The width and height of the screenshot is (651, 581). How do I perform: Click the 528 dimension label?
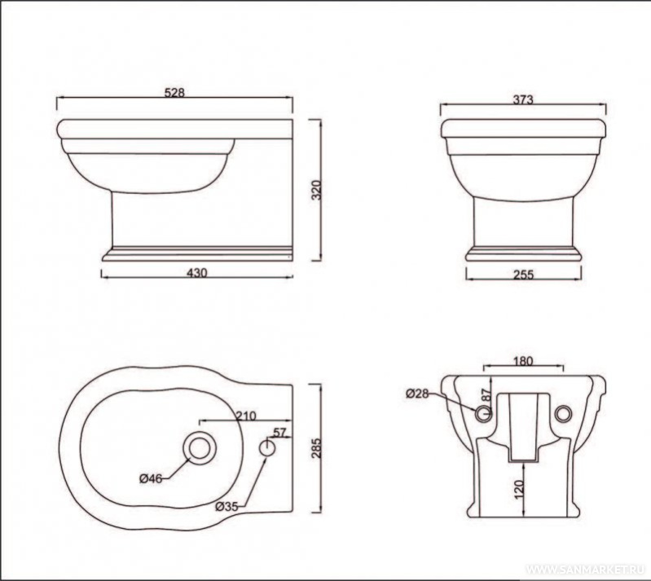tap(174, 92)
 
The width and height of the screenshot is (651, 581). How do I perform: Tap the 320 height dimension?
tap(316, 190)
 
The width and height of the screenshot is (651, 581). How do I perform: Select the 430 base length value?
tap(197, 273)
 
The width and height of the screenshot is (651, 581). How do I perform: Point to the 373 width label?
tap(523, 99)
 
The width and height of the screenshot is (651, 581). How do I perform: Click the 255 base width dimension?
tap(523, 275)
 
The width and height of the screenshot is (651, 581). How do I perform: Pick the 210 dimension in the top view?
tap(246, 416)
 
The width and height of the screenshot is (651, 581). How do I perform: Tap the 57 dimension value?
tap(279, 433)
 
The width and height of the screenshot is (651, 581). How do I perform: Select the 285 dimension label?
tap(316, 447)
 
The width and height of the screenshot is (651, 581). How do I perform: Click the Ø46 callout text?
tap(150, 479)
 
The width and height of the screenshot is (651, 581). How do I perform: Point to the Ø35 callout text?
tap(227, 507)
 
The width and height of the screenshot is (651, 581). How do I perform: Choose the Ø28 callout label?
tap(417, 393)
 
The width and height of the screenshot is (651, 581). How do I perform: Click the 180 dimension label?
tap(523, 361)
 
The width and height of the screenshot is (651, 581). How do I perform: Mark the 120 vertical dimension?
tap(519, 490)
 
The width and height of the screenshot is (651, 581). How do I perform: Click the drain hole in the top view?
tap(200, 447)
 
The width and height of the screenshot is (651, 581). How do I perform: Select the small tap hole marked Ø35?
tap(267, 447)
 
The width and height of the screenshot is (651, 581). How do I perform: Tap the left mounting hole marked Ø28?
tap(483, 413)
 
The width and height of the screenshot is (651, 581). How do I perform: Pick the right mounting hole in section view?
tap(562, 413)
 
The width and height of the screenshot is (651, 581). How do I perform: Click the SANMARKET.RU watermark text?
tap(585, 569)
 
